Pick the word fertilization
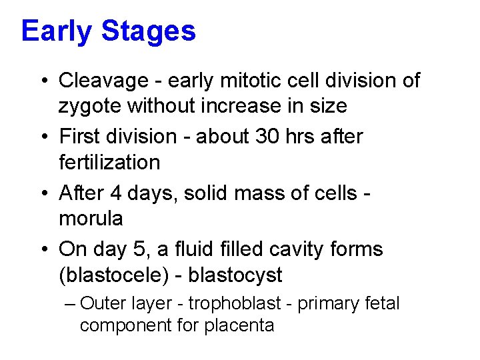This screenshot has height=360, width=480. (109, 162)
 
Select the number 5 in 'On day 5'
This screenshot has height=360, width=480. (143, 249)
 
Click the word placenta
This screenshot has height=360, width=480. (243, 326)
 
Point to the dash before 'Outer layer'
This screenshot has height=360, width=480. (71, 304)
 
